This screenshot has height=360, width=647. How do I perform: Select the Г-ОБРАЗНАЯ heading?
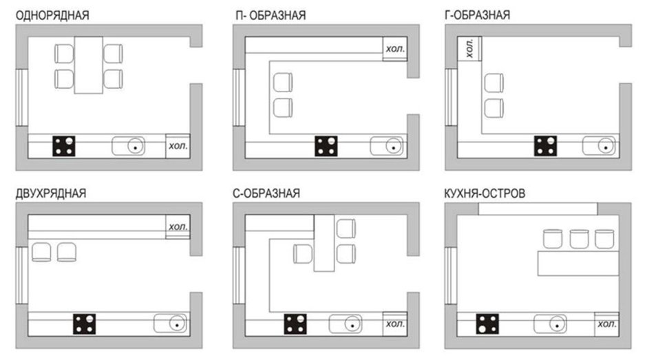478,15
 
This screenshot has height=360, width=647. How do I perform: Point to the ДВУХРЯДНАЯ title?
51,193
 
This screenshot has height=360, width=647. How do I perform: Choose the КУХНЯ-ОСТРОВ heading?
485,193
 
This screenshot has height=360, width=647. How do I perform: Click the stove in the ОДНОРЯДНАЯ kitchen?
66,147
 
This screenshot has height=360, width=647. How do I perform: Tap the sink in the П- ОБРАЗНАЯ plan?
386,146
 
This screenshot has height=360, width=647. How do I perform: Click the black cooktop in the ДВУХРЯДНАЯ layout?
85,323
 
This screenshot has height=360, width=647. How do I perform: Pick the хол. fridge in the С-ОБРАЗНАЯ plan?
395,323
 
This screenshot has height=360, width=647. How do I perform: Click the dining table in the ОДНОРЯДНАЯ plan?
88,65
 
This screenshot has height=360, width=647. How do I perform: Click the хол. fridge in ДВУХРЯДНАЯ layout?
178,226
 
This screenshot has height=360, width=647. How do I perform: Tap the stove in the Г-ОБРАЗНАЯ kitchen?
547,146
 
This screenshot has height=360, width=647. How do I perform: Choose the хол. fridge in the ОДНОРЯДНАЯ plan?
178,146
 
